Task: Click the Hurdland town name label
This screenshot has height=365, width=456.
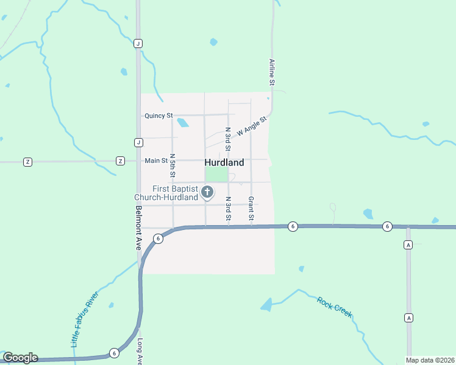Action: pos(224,162)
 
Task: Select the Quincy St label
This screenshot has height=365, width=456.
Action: pos(159,116)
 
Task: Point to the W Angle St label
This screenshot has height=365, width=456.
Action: pos(252,126)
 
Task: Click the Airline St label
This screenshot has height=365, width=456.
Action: pos(273,72)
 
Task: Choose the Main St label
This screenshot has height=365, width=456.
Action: pos(156,161)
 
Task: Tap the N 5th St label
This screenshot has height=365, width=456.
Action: pos(173,165)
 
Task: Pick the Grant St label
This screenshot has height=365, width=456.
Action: pos(251,208)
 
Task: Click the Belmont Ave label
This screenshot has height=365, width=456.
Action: pos(139,228)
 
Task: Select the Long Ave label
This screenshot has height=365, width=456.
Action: pos(140,351)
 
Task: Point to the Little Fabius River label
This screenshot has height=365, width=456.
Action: pos(84,319)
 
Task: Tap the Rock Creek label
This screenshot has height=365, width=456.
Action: pos(334,306)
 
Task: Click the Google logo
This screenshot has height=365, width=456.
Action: pos(20,358)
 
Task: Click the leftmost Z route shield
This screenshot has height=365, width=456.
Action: pos(27,161)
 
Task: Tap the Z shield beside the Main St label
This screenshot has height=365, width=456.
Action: pos(120,161)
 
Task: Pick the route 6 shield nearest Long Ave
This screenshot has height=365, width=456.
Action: pos(114,353)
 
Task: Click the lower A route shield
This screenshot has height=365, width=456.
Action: pos(408,318)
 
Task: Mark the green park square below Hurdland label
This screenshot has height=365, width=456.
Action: pos(216,175)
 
